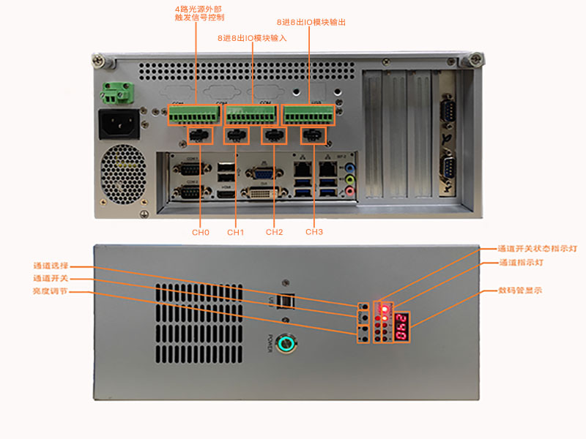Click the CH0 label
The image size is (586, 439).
coord(201,232)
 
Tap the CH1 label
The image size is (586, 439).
coord(235,232)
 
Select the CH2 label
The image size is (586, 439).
coord(274,232)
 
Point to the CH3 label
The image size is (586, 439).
coord(314,232)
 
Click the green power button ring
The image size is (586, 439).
coord(289,342)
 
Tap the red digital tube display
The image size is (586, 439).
coord(401,326)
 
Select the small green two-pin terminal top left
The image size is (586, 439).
coord(114,93)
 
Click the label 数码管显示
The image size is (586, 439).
coord(519,290)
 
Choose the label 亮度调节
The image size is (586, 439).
coord(51,291)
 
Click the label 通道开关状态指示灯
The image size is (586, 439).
coord(538,249)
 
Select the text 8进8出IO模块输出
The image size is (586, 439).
coord(311,23)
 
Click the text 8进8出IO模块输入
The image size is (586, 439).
coord(252,37)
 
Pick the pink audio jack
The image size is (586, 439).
coord(350,191)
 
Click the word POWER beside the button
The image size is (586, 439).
coord(270,343)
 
